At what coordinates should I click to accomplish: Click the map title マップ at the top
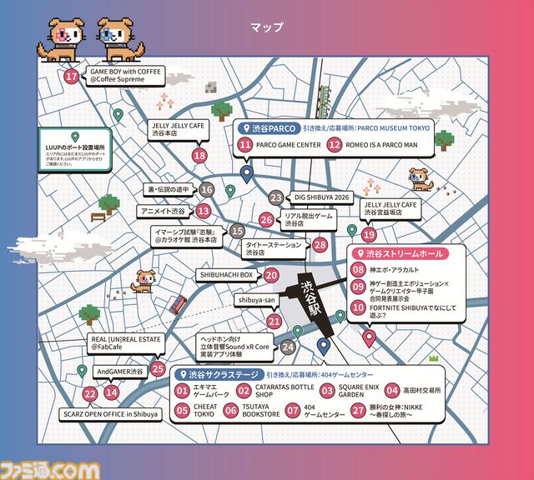point(267,27)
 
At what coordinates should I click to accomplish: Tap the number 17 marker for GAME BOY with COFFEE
point(72,77)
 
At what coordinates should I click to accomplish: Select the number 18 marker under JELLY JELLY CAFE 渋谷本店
point(199,154)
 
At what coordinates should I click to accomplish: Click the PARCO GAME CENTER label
point(288,144)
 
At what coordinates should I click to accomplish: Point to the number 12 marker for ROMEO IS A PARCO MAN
point(335,144)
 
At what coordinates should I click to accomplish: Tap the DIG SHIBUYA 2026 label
point(322,197)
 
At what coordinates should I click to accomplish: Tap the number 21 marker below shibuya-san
point(275,321)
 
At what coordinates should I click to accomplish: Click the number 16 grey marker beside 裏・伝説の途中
point(207,190)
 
